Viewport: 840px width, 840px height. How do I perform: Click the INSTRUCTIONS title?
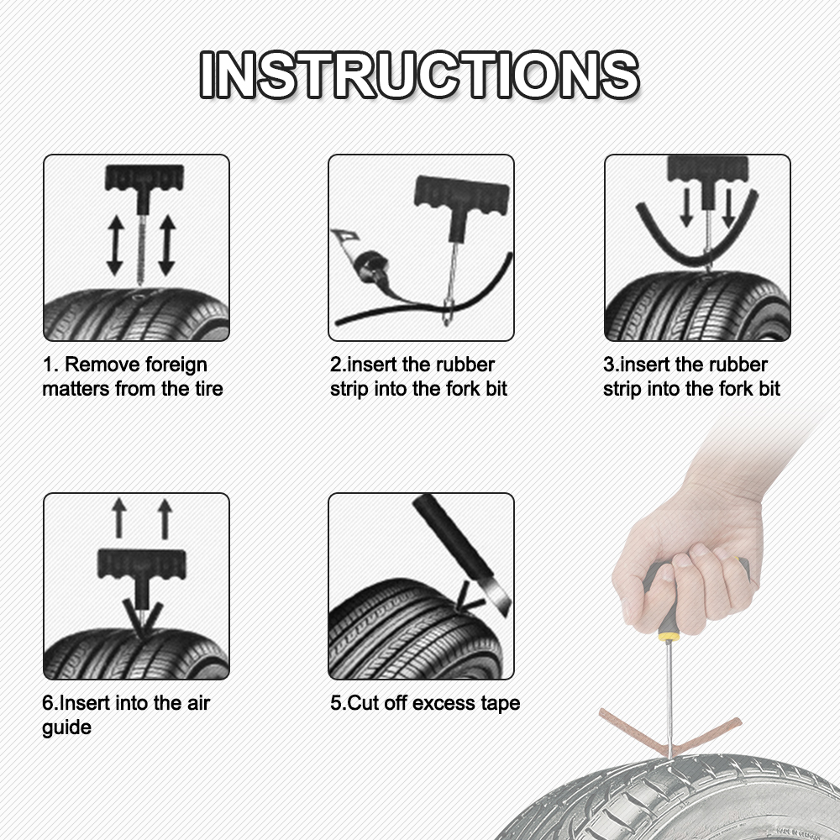pyautogui.click(x=418, y=75)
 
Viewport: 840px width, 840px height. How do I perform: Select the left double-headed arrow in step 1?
pyautogui.click(x=115, y=246)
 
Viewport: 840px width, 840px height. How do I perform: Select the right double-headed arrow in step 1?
pyautogui.click(x=166, y=246)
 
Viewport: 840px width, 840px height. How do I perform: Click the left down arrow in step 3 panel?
pyautogui.click(x=686, y=207)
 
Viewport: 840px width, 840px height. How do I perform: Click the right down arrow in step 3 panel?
pyautogui.click(x=727, y=207)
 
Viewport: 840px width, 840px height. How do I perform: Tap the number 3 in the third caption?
pyautogui.click(x=609, y=365)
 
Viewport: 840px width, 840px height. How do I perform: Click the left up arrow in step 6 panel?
pyautogui.click(x=118, y=517)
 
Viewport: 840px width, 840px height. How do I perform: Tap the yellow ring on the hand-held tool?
pyautogui.click(x=668, y=637)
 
